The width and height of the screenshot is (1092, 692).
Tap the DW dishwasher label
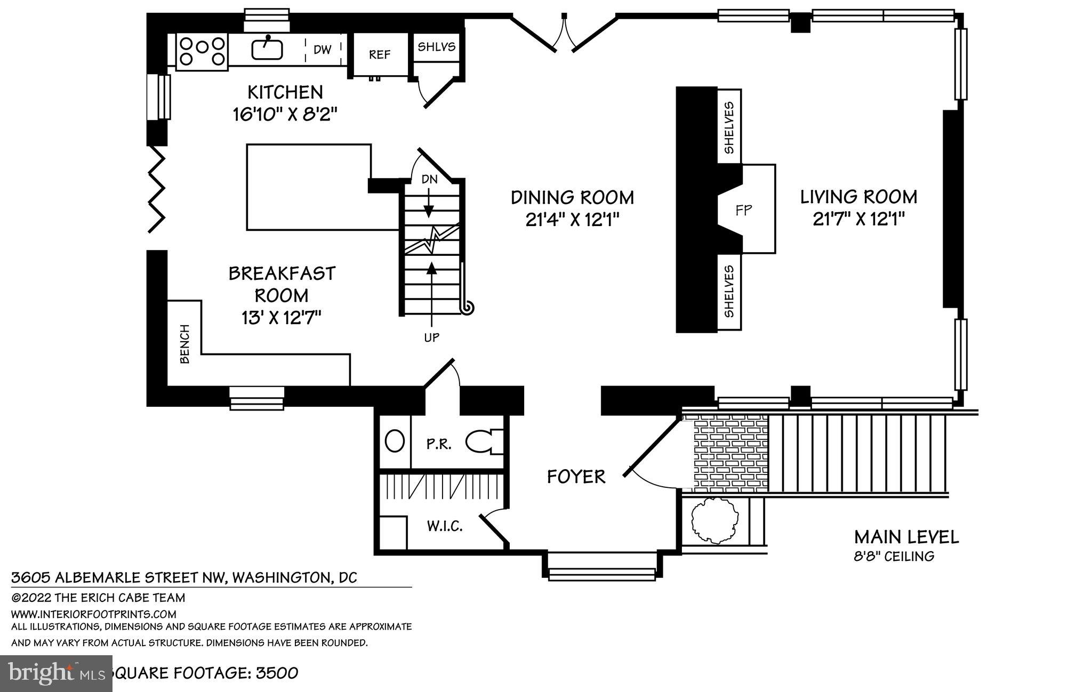coord(323,50)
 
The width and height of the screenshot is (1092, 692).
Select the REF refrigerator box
coord(380,55)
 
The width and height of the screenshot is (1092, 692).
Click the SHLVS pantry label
coord(436,47)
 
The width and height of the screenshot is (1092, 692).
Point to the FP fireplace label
coord(744,210)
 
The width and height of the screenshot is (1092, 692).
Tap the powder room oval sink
coord(395,441)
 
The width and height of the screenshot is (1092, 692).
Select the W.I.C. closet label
coord(444,527)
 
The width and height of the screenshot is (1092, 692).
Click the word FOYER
coord(576,477)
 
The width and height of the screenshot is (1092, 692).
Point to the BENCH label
coord(184,344)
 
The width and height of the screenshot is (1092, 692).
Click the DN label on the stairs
coord(430,179)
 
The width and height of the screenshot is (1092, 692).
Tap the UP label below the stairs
coord(431,337)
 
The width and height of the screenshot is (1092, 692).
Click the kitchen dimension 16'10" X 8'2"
coord(285,115)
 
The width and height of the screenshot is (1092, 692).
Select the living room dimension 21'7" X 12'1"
coord(859,219)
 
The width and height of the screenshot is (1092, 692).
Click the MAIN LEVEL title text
coord(906,537)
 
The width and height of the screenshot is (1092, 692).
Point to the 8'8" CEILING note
coord(894,557)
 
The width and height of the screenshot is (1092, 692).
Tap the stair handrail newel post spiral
coord(468,308)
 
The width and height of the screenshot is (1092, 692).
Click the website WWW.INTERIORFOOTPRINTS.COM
coord(94,614)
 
